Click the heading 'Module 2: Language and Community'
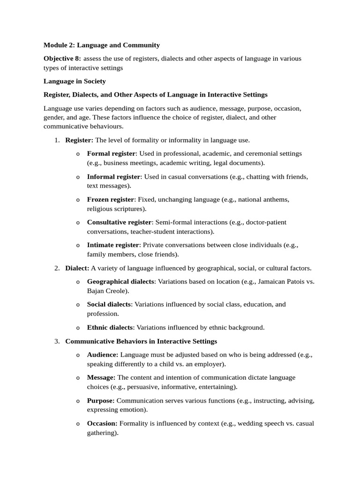pyautogui.click(x=102, y=45)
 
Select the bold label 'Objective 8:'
pyautogui.click(x=62, y=58)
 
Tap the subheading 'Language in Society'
pyautogui.click(x=75, y=81)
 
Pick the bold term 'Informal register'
pyautogui.click(x=113, y=176)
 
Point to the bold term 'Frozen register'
pyautogui.click(x=111, y=199)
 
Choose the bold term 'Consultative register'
pyautogui.click(x=120, y=222)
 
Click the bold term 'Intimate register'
pyautogui.click(x=113, y=245)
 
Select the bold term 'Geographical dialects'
pyautogui.click(x=120, y=281)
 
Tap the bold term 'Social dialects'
pyautogui.click(x=109, y=304)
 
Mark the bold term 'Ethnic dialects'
pyautogui.click(x=110, y=328)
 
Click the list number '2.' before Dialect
pyautogui.click(x=57, y=268)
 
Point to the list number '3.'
pyautogui.click(x=57, y=341)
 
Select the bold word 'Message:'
pyautogui.click(x=101, y=377)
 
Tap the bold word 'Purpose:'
pyautogui.click(x=101, y=400)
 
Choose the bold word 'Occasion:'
pyautogui.click(x=102, y=423)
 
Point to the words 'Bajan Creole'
pyautogui.click(x=106, y=291)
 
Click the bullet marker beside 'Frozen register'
pyautogui.click(x=78, y=200)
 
